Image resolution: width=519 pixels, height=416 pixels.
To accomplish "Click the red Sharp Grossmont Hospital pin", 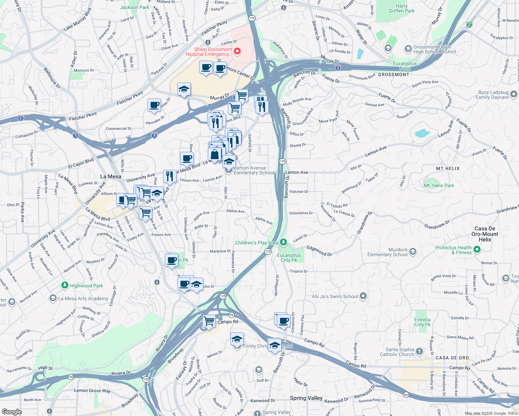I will [x=237, y=52].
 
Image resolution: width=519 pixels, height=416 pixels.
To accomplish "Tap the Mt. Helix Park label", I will [x=439, y=185].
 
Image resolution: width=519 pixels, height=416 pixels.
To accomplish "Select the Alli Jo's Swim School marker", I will [x=363, y=296].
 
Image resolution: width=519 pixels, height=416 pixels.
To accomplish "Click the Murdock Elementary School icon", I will [x=413, y=252].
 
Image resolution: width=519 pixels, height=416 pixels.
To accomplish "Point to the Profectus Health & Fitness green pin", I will [x=477, y=249].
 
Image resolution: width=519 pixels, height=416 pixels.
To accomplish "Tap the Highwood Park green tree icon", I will [x=65, y=285].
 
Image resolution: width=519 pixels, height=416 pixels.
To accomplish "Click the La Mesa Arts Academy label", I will [x=83, y=298].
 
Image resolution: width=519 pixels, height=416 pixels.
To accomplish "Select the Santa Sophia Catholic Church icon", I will [x=419, y=352].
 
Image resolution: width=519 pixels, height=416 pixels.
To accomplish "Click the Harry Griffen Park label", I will [x=401, y=8].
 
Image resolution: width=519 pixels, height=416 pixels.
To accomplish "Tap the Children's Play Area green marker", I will [x=283, y=242].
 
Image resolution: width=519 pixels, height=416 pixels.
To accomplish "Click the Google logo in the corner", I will [x=11, y=411].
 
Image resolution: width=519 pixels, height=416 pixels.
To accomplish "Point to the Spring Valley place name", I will [x=306, y=398].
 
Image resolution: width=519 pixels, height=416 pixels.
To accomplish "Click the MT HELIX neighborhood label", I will [x=448, y=168].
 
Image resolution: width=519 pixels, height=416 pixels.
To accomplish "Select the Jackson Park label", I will [x=134, y=7].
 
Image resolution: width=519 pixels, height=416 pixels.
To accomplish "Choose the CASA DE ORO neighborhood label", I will [x=452, y=358].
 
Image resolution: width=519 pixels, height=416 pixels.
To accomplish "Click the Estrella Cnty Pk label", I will [x=422, y=322].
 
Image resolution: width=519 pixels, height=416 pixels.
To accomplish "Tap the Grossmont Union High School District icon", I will [x=408, y=49].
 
